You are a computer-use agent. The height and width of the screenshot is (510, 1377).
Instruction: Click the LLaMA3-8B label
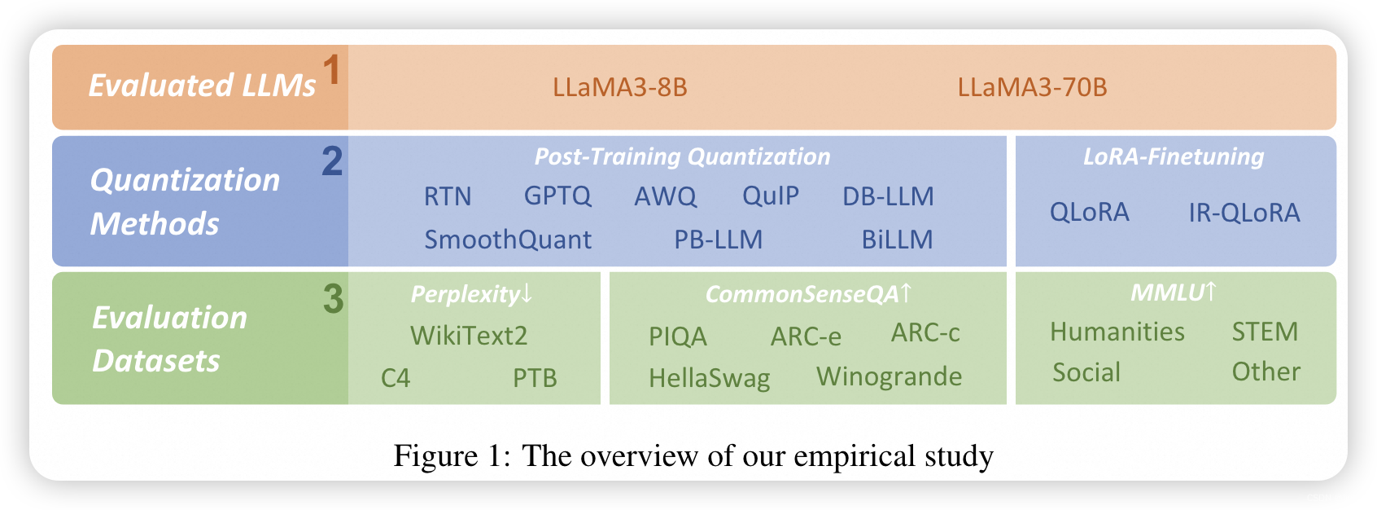(x=619, y=87)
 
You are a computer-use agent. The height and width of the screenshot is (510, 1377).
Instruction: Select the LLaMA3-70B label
(x=1032, y=87)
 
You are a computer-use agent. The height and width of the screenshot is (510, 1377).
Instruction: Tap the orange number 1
(x=331, y=69)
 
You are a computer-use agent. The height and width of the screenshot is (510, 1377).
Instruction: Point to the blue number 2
(x=332, y=160)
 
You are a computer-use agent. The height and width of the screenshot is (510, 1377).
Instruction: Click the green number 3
(x=333, y=298)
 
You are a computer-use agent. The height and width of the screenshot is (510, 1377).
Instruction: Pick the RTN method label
(x=448, y=196)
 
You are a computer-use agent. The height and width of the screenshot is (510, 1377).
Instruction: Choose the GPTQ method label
(x=557, y=196)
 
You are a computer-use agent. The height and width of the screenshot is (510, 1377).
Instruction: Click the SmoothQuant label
(x=508, y=240)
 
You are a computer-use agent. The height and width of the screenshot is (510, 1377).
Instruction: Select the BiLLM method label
(x=897, y=240)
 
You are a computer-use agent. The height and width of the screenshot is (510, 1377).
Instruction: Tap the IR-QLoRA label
(x=1244, y=213)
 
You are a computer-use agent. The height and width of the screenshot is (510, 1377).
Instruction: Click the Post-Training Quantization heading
(x=682, y=156)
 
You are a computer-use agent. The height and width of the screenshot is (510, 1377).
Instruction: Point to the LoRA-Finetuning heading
(x=1174, y=156)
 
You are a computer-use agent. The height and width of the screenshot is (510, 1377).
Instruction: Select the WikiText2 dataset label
(x=469, y=336)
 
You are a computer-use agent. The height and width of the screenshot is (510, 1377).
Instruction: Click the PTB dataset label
(x=535, y=378)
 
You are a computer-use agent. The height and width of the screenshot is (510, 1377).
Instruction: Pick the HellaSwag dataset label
(x=709, y=378)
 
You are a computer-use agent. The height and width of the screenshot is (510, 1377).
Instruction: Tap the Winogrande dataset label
(x=889, y=376)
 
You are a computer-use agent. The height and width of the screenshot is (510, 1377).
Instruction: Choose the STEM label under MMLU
(x=1265, y=332)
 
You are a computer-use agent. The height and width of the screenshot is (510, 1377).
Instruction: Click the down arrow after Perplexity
(x=527, y=293)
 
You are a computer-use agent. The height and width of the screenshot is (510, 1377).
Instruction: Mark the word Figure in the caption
(x=435, y=455)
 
